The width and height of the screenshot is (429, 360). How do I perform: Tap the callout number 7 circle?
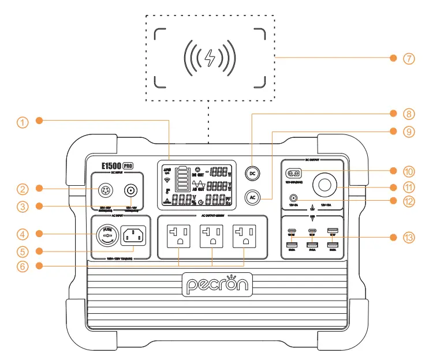[x=409, y=58]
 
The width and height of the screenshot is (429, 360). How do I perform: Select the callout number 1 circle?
[x=22, y=122]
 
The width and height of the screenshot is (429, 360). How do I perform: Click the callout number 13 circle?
[x=409, y=237]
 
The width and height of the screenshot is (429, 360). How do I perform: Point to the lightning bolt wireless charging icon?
[x=209, y=58]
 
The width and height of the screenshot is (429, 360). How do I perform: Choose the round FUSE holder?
[x=107, y=237]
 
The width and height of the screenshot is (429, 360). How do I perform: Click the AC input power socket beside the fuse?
[x=132, y=237]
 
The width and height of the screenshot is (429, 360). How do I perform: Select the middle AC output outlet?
[x=212, y=237]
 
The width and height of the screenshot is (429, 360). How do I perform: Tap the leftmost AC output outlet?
[x=178, y=237]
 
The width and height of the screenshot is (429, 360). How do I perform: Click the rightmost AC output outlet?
[x=245, y=237]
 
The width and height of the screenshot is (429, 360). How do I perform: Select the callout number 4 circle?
[x=22, y=234]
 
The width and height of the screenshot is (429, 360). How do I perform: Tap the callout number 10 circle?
[x=409, y=171]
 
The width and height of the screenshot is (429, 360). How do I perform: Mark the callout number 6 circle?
[x=22, y=266]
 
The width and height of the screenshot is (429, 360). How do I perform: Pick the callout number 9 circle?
[x=409, y=132]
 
